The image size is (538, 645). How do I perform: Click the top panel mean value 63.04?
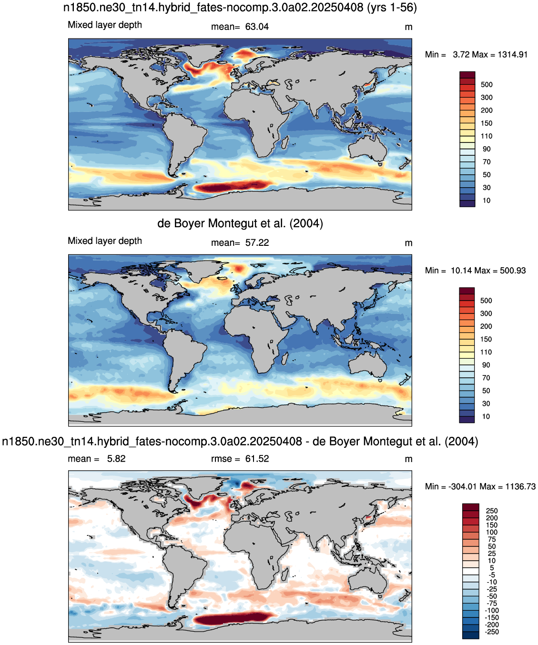[257, 27]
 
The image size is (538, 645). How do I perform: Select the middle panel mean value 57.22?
[257, 243]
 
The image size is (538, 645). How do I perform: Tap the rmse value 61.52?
[257, 459]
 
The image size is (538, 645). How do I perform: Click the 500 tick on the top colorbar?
[487, 85]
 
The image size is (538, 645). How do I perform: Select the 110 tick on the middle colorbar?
[486, 352]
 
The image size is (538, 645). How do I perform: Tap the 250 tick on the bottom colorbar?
[492, 511]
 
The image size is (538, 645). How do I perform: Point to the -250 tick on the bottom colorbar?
[491, 632]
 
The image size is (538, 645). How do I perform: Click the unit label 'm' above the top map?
[408, 27]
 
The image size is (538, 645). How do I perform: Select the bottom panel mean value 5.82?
[116, 459]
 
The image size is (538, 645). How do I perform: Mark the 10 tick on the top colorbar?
[487, 201]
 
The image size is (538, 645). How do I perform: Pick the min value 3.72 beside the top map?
[461, 55]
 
